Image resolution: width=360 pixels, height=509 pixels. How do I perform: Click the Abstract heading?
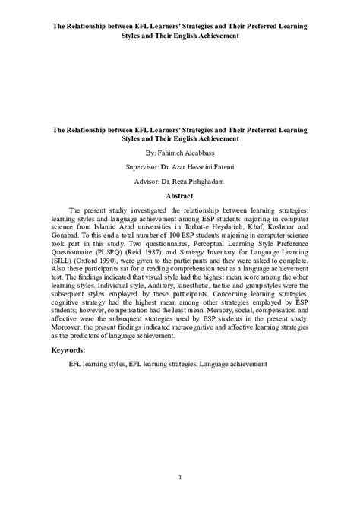pyautogui.click(x=179, y=195)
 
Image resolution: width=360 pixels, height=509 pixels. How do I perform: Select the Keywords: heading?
pyautogui.click(x=68, y=350)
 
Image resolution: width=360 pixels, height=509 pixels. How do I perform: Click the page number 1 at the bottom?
pyautogui.click(x=180, y=477)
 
